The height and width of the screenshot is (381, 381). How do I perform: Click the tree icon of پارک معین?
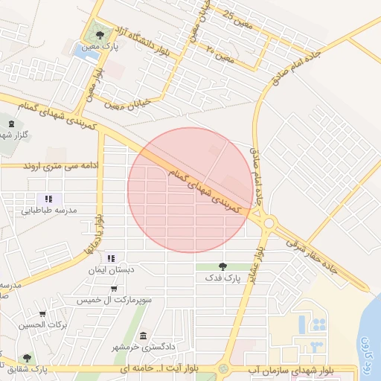point(100,34)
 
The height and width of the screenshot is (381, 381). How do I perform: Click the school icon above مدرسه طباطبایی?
point(48,199)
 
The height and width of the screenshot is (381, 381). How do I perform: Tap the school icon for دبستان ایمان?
point(112,258)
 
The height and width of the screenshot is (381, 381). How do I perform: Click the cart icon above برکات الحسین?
point(42,313)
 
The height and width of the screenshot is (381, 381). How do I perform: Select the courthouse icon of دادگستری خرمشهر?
point(143,336)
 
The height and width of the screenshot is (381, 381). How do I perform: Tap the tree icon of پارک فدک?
point(222,266)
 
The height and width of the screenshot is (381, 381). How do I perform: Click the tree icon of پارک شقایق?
point(27,358)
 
